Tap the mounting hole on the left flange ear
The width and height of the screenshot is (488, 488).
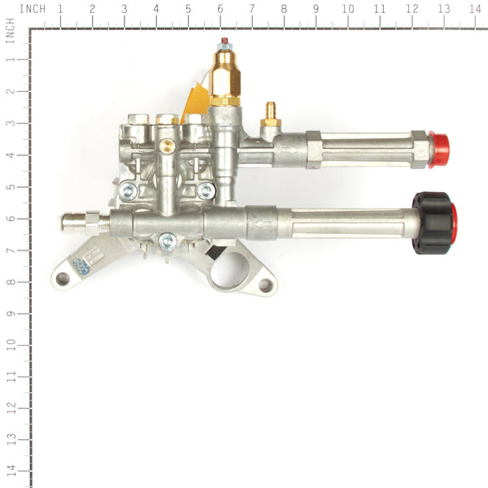click(63, 279)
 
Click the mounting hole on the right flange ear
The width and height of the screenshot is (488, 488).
click(264, 285)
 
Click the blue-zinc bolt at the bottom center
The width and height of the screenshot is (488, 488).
click(168, 240)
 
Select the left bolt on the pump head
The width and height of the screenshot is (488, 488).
click(127, 190)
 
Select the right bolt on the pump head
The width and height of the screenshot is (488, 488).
click(207, 190)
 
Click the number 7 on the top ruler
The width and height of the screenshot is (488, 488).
click(251, 9)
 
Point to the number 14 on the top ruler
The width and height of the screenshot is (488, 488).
click(474, 9)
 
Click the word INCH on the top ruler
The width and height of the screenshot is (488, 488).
click(32, 9)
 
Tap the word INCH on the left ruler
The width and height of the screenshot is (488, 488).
click(9, 33)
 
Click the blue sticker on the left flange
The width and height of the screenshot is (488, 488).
click(81, 266)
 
